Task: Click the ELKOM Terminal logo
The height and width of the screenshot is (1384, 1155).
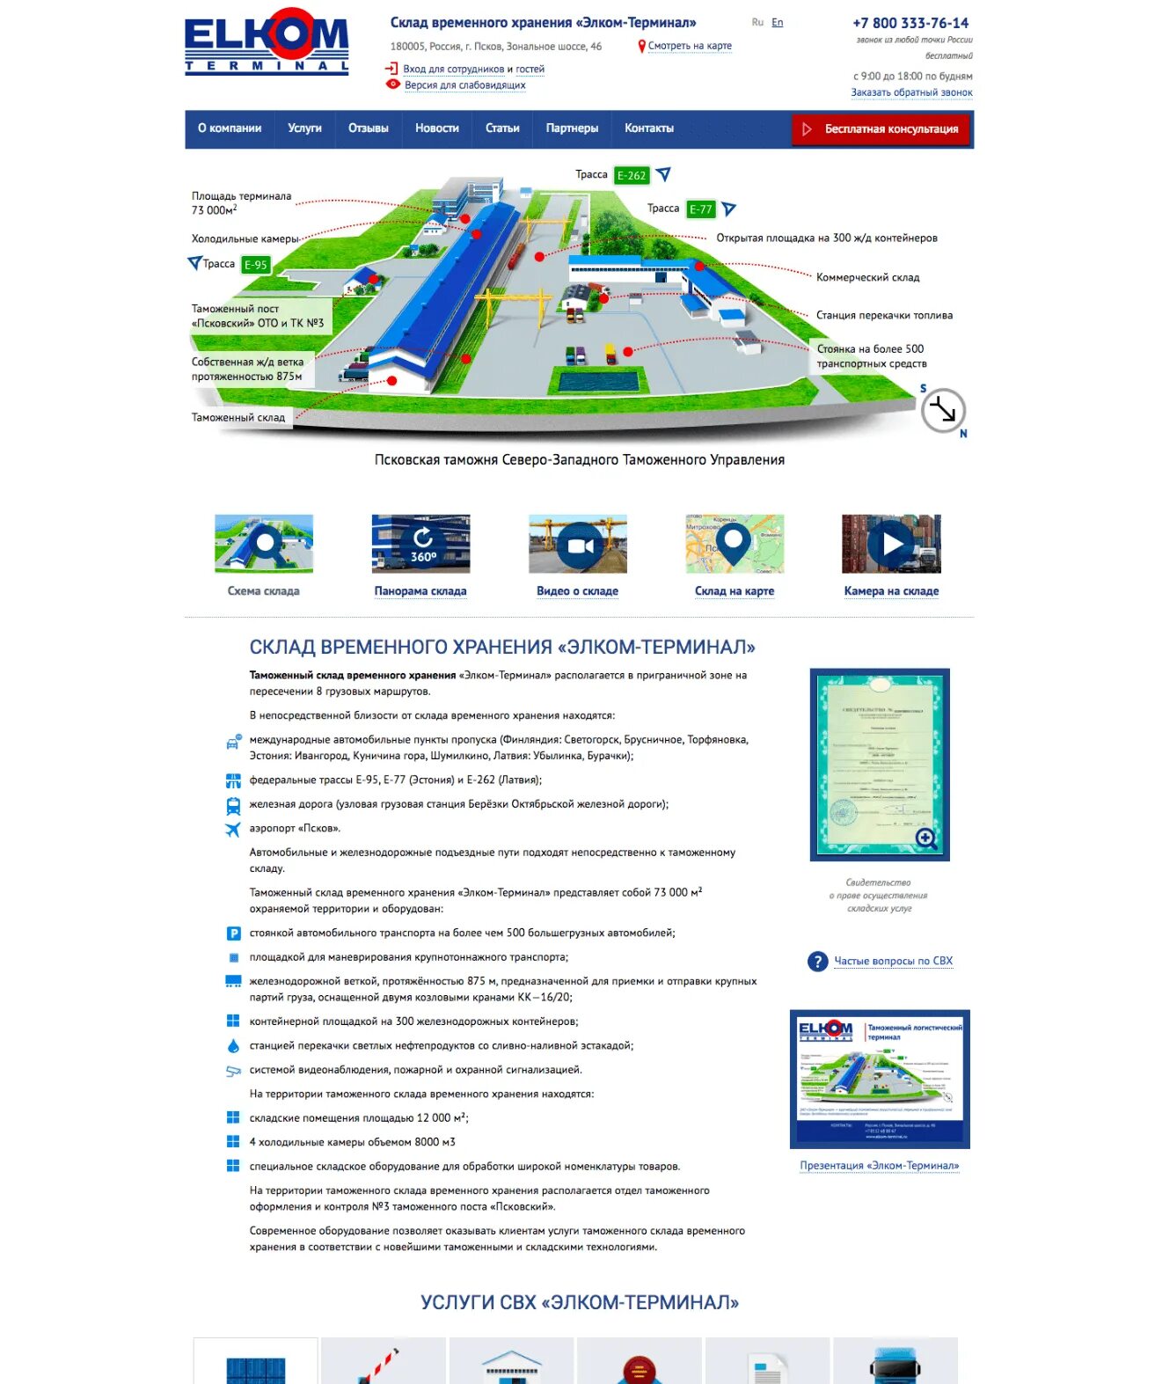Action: coord(267,41)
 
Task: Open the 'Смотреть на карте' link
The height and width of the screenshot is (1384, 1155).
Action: coord(689,46)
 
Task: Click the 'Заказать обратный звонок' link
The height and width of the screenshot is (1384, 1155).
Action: coord(911,92)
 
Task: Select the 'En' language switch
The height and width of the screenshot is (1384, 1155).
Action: coord(777,23)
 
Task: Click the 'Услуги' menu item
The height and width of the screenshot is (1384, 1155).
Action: coord(304,128)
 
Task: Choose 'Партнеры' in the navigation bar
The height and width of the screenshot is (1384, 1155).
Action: coord(572,128)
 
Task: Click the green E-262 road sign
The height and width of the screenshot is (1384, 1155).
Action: coord(631,175)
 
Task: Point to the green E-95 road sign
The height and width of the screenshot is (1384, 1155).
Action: coord(255,265)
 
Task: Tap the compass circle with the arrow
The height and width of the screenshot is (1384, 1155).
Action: coord(943,410)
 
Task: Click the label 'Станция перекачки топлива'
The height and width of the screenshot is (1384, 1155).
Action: coord(883,315)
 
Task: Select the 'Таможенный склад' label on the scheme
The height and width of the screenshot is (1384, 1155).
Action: coord(238,418)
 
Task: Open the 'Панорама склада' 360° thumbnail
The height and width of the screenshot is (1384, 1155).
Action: coord(421,545)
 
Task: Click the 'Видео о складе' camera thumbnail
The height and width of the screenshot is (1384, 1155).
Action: coord(578,545)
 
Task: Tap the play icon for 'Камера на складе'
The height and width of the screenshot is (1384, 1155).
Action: coord(891,545)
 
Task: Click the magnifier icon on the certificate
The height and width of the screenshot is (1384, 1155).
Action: coord(925,838)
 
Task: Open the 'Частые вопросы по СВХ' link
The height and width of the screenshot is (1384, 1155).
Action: coord(893,961)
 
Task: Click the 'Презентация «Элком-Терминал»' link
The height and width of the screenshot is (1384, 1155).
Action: coord(879,1166)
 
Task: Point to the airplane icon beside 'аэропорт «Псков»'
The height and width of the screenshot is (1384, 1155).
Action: coord(233,829)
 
